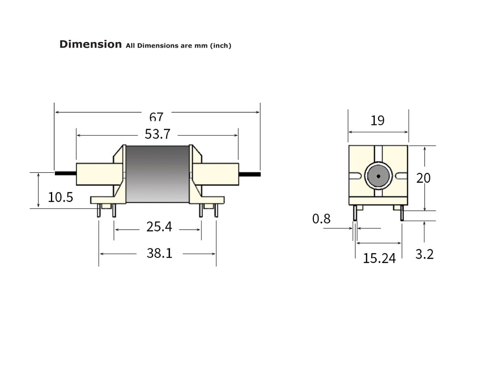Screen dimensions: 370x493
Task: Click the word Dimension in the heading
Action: (x=90, y=44)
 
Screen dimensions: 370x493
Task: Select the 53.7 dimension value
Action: (x=157, y=134)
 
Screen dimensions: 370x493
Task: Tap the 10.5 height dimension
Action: (x=60, y=197)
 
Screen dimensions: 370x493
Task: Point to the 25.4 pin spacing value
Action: (x=159, y=227)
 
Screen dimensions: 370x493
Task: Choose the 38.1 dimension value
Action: (x=159, y=253)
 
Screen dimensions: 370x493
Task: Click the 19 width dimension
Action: (x=378, y=120)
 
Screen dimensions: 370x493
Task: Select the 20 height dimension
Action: (x=424, y=178)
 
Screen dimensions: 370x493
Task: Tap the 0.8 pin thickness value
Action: (x=321, y=219)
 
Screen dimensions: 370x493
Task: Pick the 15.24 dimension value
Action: (x=379, y=258)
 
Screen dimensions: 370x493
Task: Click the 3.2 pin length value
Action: (x=424, y=254)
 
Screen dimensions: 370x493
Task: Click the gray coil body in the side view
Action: (x=157, y=174)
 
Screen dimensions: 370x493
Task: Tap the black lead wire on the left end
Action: (x=65, y=173)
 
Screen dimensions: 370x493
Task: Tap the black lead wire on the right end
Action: (x=250, y=174)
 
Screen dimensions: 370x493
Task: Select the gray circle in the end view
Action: (x=378, y=176)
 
